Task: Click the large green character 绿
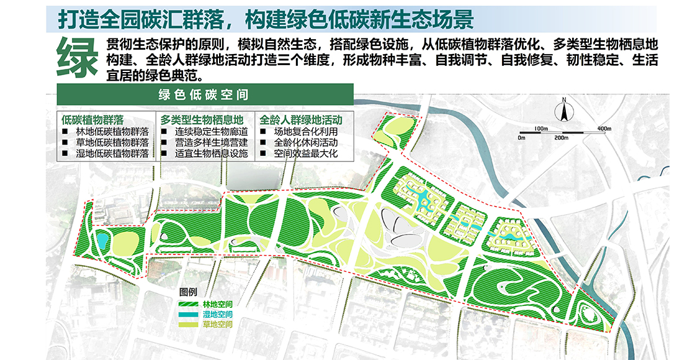coord(78,56)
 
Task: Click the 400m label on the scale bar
coord(604,128)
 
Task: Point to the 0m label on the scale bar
coord(522,138)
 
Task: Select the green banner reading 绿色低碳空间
coord(205,95)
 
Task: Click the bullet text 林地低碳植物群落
coord(112,132)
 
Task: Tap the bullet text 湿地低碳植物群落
coord(112,153)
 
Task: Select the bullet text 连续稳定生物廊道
coord(212,132)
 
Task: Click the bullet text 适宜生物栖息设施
coord(212,153)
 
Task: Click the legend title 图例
coord(188,292)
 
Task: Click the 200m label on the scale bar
coord(561,138)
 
